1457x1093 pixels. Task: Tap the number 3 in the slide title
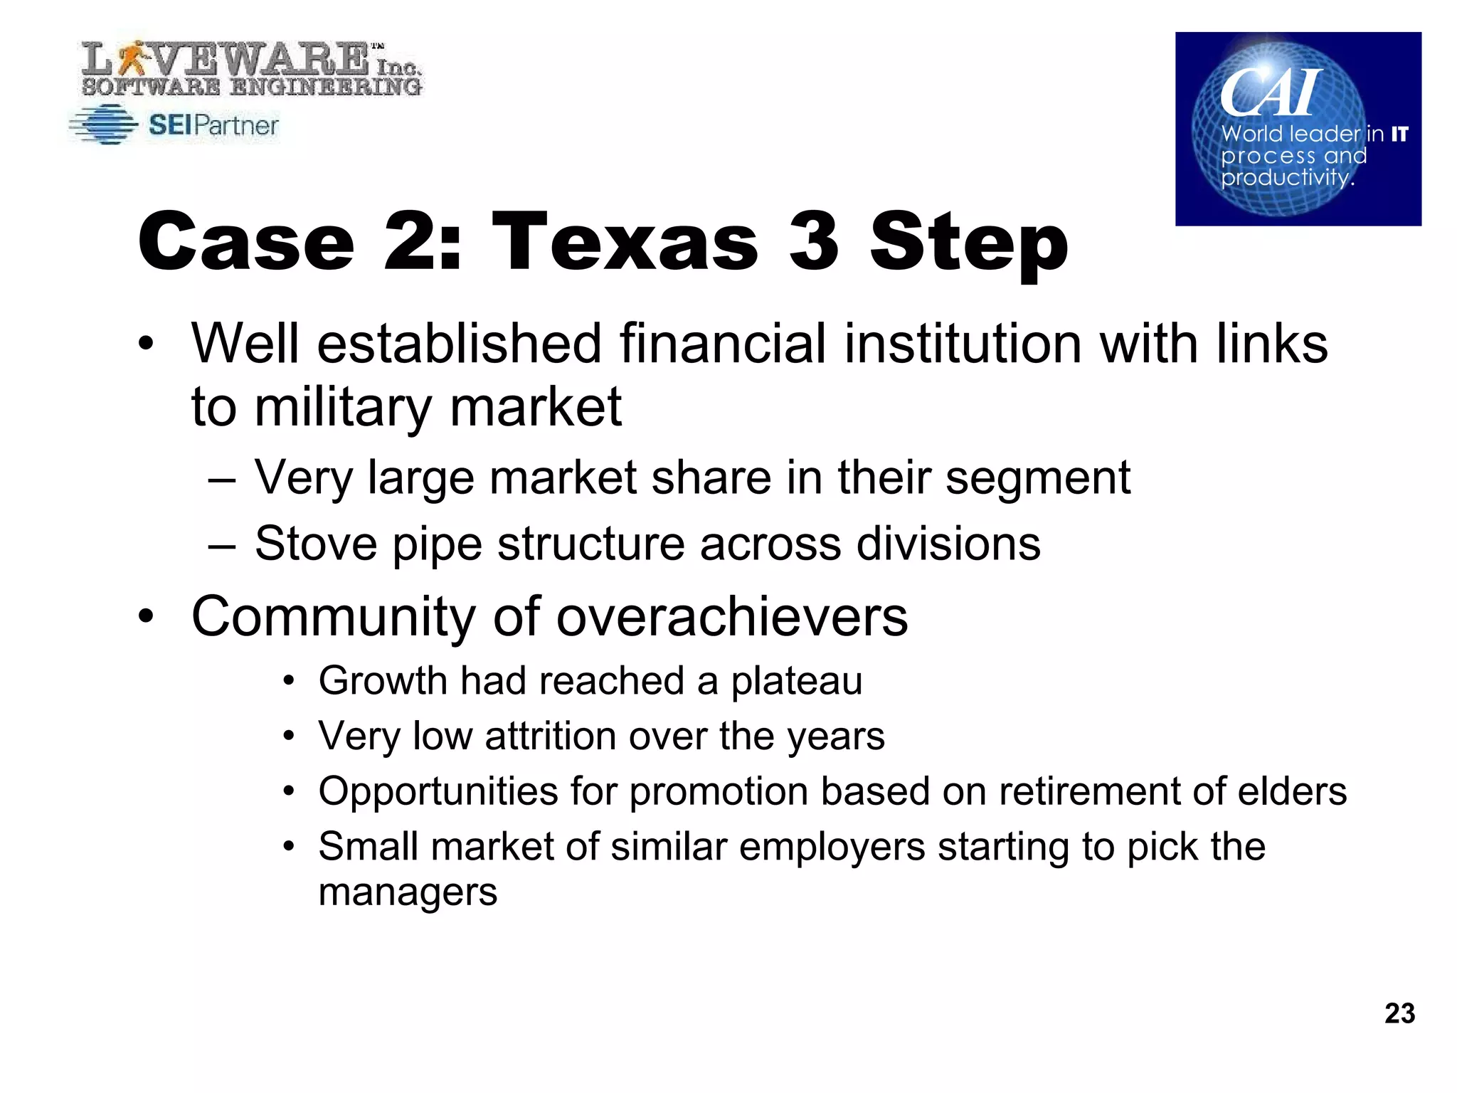(814, 242)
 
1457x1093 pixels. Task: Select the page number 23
(1399, 1013)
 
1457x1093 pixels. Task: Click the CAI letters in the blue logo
(1270, 93)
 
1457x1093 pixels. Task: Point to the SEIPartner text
(213, 126)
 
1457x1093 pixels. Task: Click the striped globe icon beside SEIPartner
(105, 125)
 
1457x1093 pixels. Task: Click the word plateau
(796, 681)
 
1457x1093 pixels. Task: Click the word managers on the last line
(407, 892)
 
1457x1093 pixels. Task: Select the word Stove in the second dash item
(315, 544)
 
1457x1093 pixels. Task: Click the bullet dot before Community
(146, 616)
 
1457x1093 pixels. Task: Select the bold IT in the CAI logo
(1399, 134)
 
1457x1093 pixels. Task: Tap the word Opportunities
(438, 791)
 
